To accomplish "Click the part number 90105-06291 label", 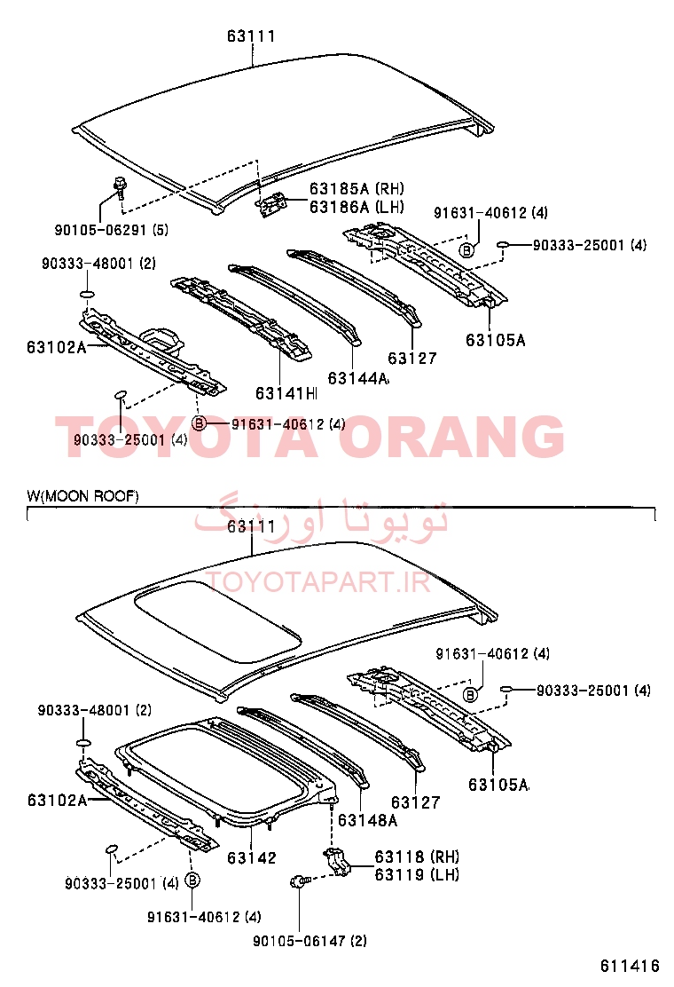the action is pos(111,230).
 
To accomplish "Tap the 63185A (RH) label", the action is pos(357,189).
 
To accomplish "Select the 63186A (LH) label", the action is pos(357,207).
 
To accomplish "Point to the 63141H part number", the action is pos(286,393).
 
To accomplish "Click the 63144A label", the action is pos(358,378).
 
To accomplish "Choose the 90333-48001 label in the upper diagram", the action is pos(98,263).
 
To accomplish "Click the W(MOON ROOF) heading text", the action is pos(82,496).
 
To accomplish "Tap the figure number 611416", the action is pos(630,967).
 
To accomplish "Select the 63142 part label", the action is pos(252,858).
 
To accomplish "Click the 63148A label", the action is pos(368,820).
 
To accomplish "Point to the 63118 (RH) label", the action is pos(417,857).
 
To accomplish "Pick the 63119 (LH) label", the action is pos(417,874).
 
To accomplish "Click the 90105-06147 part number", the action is pos(310,941).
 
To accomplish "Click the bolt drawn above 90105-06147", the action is pos(298,882).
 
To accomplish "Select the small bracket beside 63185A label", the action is pos(273,204).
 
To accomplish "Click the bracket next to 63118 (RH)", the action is pos(337,862).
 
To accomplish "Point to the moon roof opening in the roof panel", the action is pos(217,620).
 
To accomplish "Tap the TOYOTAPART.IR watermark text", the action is pos(318,582).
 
